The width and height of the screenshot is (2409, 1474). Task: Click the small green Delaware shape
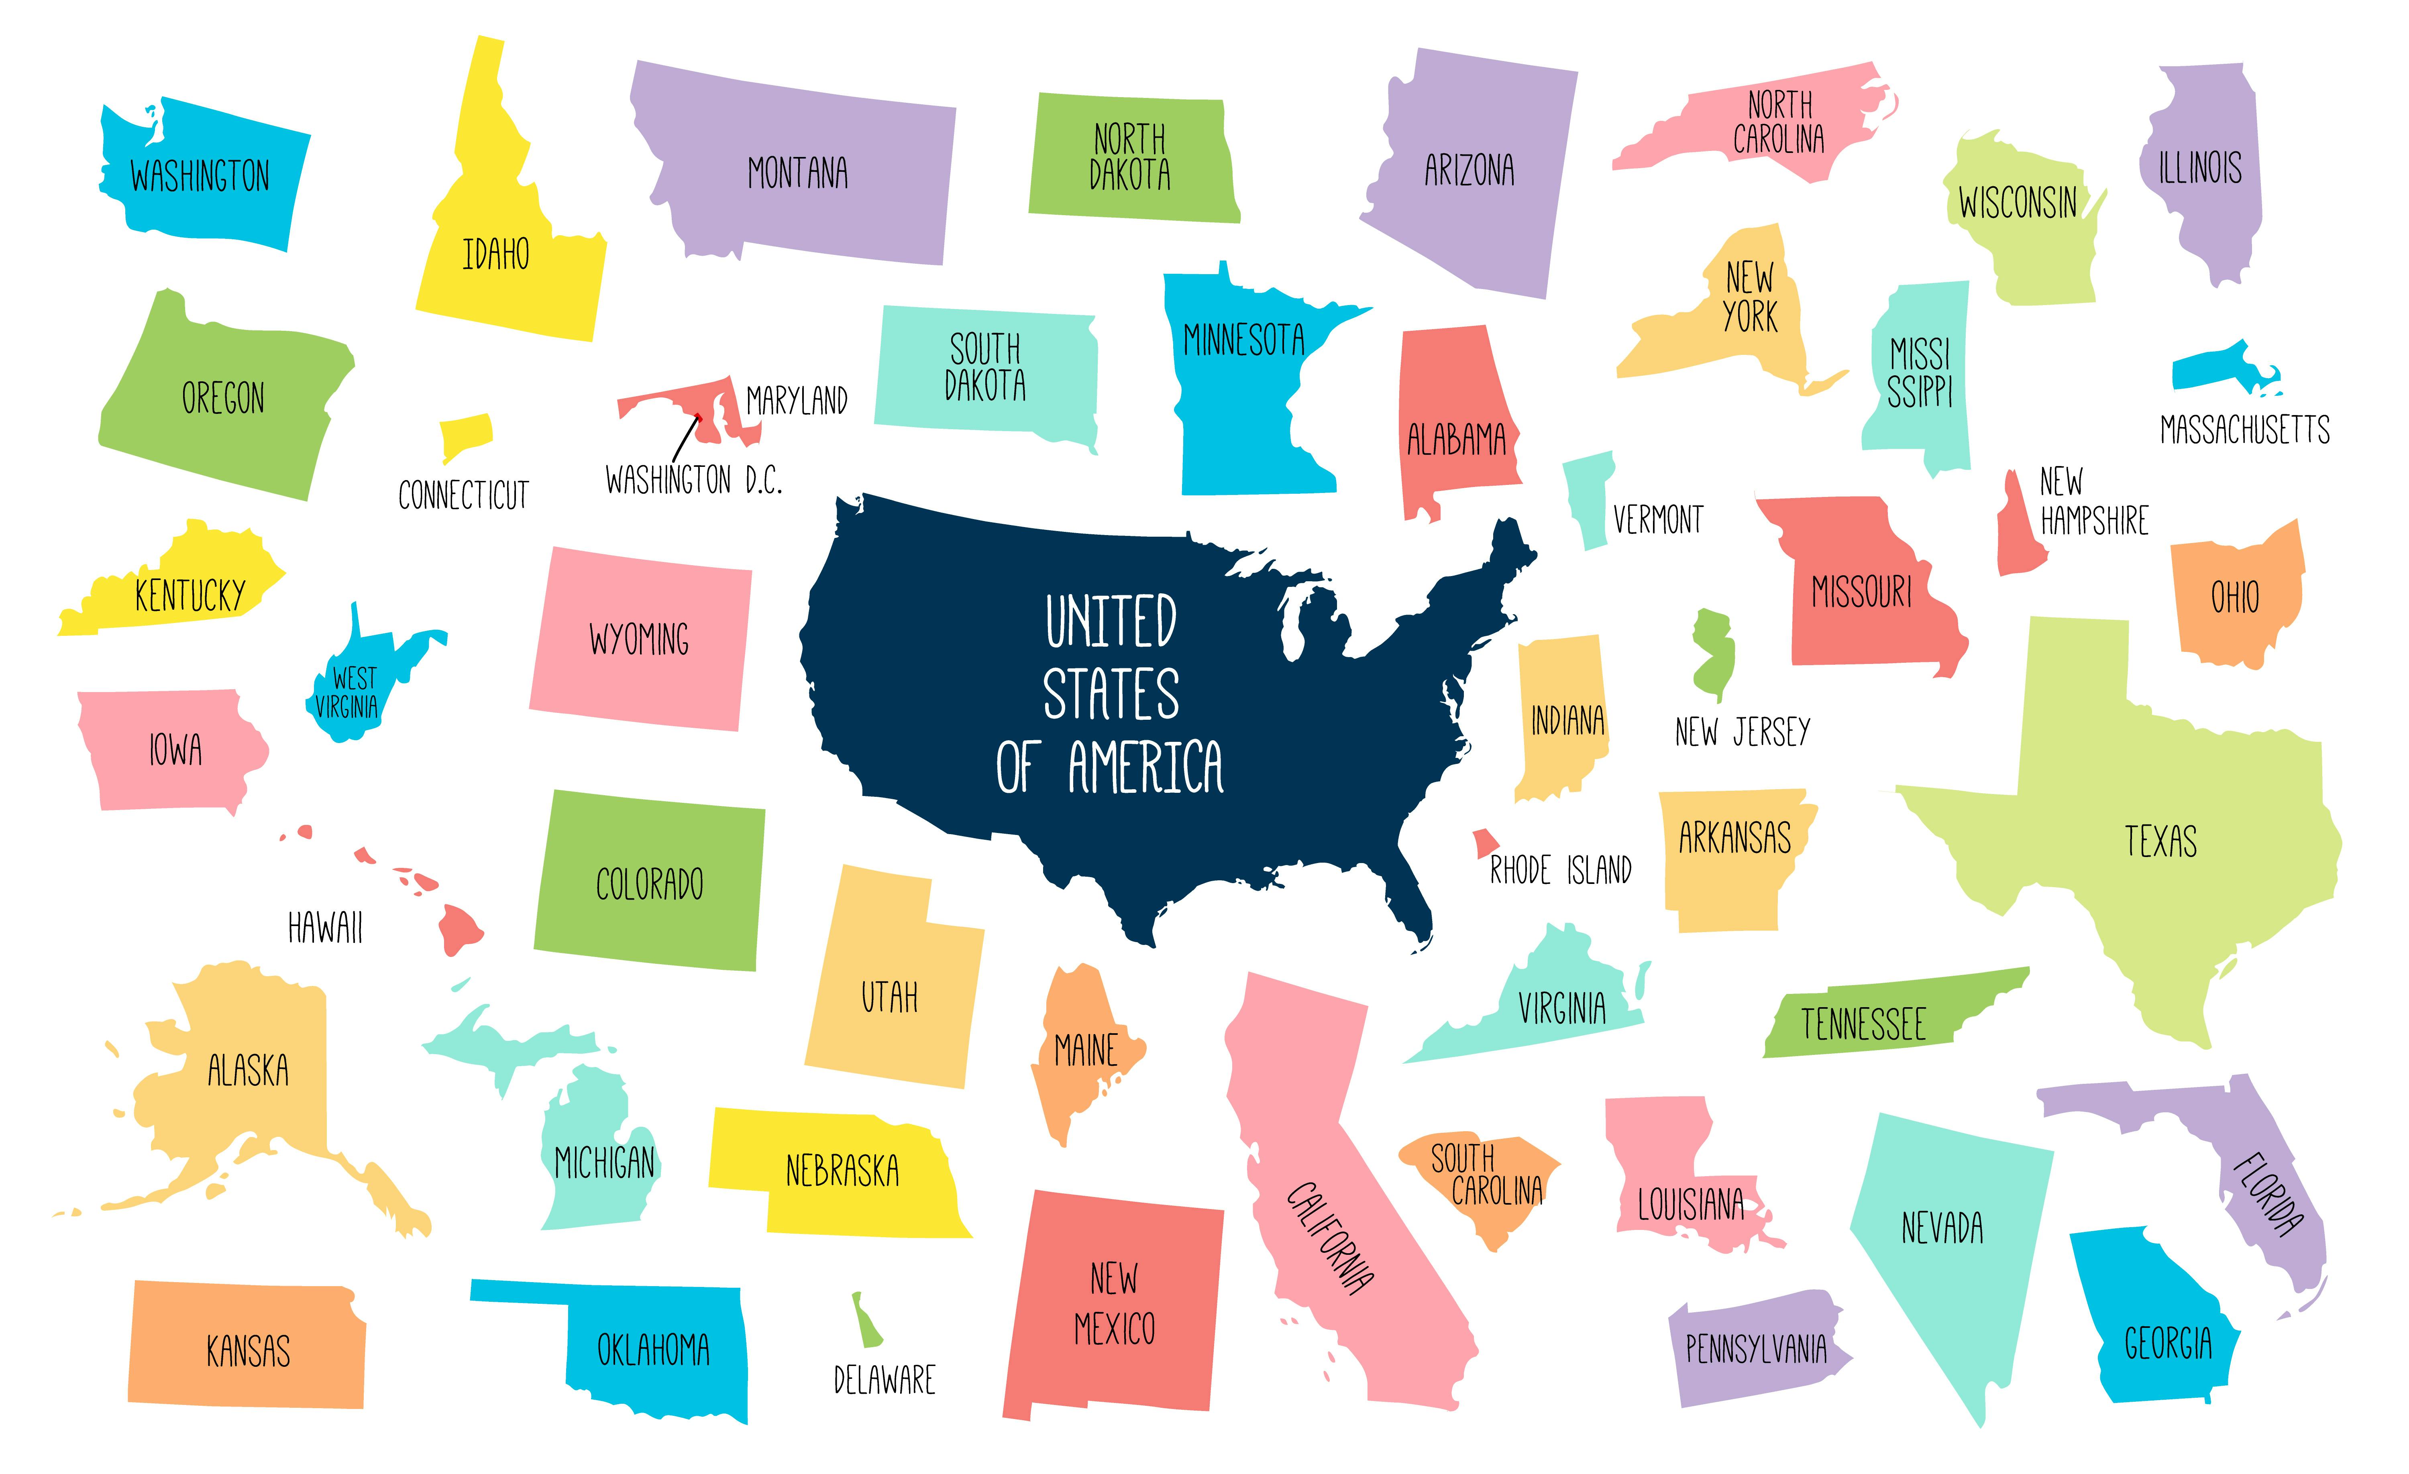click(865, 1321)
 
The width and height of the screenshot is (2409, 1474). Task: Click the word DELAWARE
click(884, 1380)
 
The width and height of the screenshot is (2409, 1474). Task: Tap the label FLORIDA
click(2268, 1195)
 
